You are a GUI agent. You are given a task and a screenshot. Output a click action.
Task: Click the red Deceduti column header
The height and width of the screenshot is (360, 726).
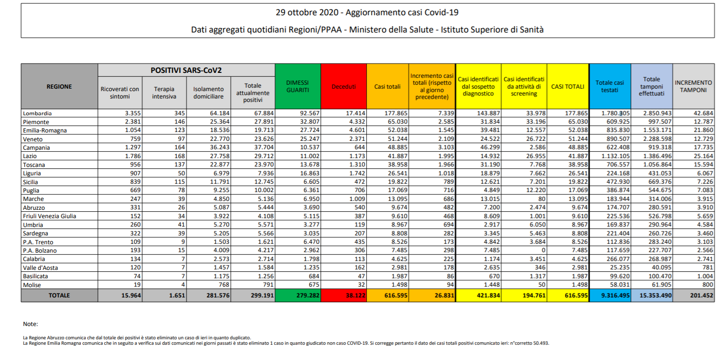tap(344, 87)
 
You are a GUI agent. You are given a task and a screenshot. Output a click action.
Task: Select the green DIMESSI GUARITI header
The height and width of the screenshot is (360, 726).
tap(297, 87)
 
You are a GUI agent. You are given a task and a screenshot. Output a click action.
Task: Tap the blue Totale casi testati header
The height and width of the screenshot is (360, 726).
tap(610, 87)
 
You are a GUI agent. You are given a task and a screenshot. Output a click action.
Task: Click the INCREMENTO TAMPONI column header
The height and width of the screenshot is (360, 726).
tap(693, 87)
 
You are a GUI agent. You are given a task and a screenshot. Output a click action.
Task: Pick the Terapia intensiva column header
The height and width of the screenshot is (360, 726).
tap(164, 93)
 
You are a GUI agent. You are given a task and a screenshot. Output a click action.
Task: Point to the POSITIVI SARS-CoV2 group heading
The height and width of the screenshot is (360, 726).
tap(186, 70)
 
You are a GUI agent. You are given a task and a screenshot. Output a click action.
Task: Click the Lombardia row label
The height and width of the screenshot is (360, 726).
tap(37, 113)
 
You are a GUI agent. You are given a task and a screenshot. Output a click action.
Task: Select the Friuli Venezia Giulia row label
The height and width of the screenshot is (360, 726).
tap(49, 216)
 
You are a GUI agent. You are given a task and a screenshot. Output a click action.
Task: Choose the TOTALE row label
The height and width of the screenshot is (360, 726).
tap(60, 295)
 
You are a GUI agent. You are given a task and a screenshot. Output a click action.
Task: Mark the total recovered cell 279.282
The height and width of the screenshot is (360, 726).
tap(308, 295)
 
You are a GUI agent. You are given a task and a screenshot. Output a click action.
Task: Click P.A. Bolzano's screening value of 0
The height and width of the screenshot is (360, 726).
tap(543, 250)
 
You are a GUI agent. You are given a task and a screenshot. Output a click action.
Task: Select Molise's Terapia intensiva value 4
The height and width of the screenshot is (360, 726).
tap(183, 285)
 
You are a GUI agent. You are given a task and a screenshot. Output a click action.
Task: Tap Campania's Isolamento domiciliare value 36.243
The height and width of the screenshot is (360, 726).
tap(220, 148)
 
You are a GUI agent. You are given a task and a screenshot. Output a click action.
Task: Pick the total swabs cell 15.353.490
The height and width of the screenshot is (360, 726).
tap(656, 295)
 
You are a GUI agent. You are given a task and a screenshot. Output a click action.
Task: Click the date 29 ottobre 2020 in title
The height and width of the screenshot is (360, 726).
tap(305, 12)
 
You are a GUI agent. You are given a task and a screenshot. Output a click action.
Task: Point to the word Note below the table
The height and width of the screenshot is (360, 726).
tap(30, 324)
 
